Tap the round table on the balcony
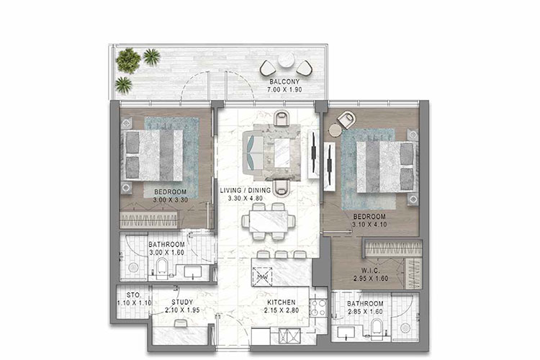click(x=286, y=61)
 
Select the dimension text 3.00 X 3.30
click(x=170, y=199)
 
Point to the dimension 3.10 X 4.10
click(x=368, y=225)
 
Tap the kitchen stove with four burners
click(x=317, y=307)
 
